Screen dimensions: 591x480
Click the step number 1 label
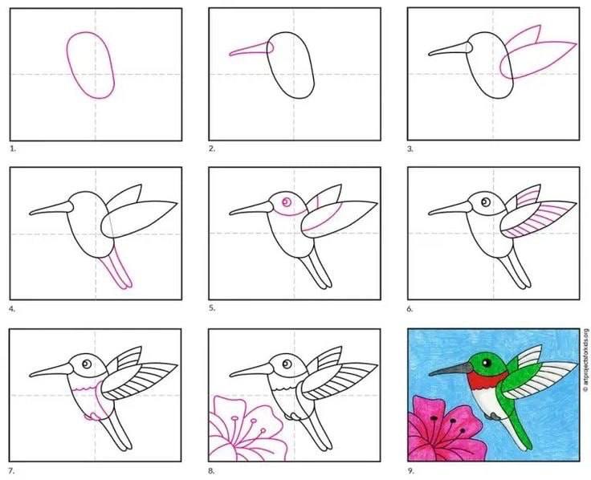point(13,148)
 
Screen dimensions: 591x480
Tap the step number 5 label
point(212,308)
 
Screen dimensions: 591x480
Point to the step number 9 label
point(411,470)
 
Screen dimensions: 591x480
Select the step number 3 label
point(410,148)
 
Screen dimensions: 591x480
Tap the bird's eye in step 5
point(287,202)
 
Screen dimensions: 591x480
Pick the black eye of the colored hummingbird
point(487,363)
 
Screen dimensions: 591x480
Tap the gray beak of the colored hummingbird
point(450,369)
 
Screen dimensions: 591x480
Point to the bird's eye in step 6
point(486,202)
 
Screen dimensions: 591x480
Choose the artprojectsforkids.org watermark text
point(585,360)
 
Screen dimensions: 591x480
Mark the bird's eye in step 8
point(287,364)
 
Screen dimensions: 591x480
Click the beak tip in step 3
point(430,55)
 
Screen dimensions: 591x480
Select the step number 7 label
point(12,470)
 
